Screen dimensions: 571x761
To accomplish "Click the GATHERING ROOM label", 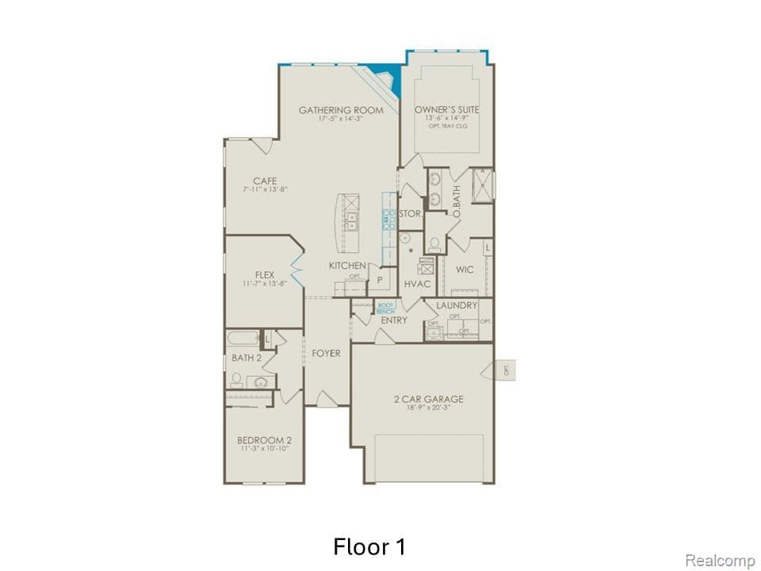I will pos(341,110).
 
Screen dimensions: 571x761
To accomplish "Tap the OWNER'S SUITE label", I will pos(447,110).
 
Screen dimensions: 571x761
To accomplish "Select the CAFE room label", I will pos(265,181).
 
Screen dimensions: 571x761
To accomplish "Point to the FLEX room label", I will pos(265,275).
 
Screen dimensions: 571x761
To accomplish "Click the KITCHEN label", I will pos(347,266).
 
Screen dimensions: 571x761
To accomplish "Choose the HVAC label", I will pos(417,283).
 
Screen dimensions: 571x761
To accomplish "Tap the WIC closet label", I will pos(465,270).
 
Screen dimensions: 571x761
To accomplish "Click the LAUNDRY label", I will pos(457,305).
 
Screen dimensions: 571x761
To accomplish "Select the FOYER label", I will pos(326,353).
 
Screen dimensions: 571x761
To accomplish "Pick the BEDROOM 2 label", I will pos(265,440).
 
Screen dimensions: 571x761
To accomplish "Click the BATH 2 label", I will pos(247,358).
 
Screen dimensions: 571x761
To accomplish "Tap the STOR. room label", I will pos(410,214).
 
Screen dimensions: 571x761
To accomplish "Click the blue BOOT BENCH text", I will pos(385,308).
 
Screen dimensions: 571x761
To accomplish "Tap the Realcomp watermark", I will pos(720,561).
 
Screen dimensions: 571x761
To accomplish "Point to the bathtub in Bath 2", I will pos(243,339).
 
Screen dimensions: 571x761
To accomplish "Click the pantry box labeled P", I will pos(380,280).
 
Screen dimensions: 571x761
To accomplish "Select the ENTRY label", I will pos(394,320).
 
